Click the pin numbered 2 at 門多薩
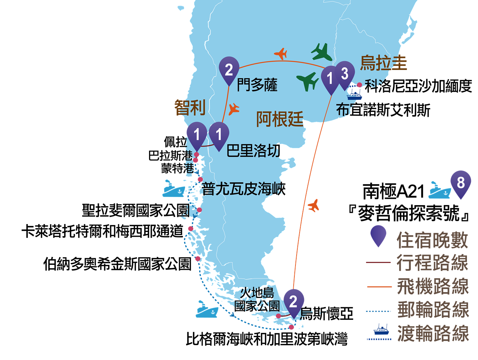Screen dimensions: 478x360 click(229, 71)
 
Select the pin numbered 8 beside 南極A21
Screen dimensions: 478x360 click(461, 184)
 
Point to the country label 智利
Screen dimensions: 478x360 click(190, 107)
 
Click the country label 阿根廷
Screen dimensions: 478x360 click(280, 119)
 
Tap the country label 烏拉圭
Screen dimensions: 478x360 click(383, 63)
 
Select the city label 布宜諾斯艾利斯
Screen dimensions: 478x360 click(383, 110)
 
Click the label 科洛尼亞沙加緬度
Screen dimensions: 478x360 click(418, 86)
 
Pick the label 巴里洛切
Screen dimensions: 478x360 click(253, 150)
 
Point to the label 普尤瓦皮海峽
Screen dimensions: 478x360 click(243, 189)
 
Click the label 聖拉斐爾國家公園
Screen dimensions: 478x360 click(136, 210)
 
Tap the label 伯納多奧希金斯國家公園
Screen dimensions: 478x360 click(117, 264)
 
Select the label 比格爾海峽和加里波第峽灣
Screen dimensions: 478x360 click(267, 339)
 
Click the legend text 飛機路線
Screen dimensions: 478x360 click(433, 286)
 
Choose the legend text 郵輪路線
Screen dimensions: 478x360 click(433, 310)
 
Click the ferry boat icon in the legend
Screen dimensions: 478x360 click(381, 329)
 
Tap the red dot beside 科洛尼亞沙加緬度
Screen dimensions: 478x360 click(359, 85)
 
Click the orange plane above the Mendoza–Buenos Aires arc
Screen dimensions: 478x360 click(281, 53)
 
